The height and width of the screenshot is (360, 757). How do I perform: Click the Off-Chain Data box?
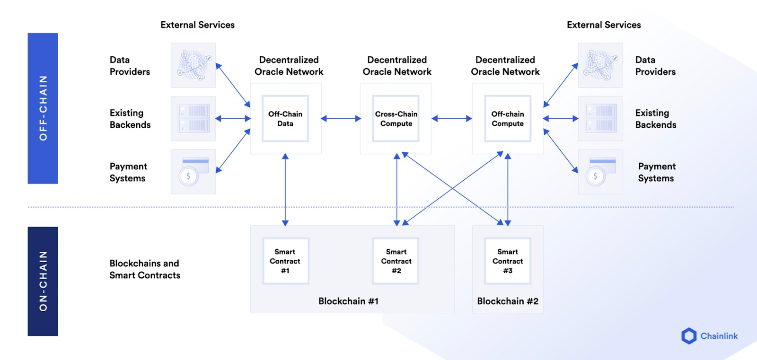point(285,119)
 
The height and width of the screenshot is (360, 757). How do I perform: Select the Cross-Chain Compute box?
point(396,119)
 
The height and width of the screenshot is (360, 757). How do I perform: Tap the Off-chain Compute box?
point(508,119)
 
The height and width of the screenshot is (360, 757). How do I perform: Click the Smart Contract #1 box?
point(285,261)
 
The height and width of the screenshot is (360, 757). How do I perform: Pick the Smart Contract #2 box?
point(396,261)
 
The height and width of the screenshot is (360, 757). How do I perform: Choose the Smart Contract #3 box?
point(508,261)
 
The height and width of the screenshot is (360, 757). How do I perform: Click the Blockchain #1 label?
point(348,301)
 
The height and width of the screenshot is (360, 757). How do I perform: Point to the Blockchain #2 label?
point(508,301)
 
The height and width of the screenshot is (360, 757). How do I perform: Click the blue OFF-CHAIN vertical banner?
point(43,108)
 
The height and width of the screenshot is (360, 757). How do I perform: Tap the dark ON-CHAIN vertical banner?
point(43,281)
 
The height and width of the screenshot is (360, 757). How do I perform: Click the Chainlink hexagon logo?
point(689,336)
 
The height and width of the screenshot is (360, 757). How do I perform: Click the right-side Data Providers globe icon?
point(600,65)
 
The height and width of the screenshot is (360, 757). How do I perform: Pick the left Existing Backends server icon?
point(193,119)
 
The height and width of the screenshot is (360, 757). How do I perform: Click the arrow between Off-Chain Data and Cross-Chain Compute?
point(341,119)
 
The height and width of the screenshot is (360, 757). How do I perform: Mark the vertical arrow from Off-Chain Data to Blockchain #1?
point(285,189)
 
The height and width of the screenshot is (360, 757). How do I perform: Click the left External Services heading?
point(197,25)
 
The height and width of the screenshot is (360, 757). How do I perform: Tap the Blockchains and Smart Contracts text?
point(145,269)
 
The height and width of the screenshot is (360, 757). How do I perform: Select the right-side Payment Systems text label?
point(656,172)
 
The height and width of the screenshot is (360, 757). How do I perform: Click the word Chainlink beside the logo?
point(719,336)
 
